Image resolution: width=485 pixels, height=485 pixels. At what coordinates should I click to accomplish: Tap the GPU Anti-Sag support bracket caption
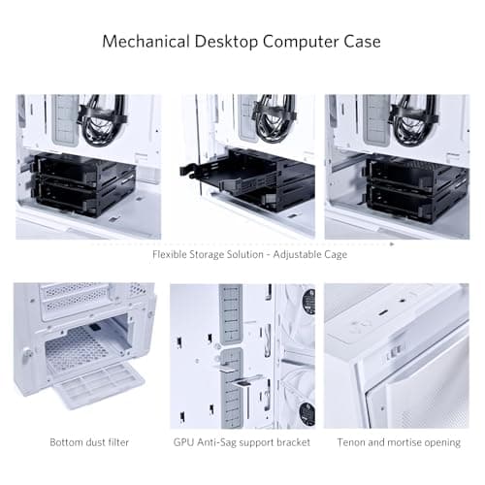point(242,442)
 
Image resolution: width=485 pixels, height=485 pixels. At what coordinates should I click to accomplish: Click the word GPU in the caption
point(184,442)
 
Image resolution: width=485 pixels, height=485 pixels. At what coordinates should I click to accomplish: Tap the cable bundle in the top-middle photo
point(275,117)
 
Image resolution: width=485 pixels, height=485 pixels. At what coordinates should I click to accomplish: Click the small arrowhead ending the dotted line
point(392,244)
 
